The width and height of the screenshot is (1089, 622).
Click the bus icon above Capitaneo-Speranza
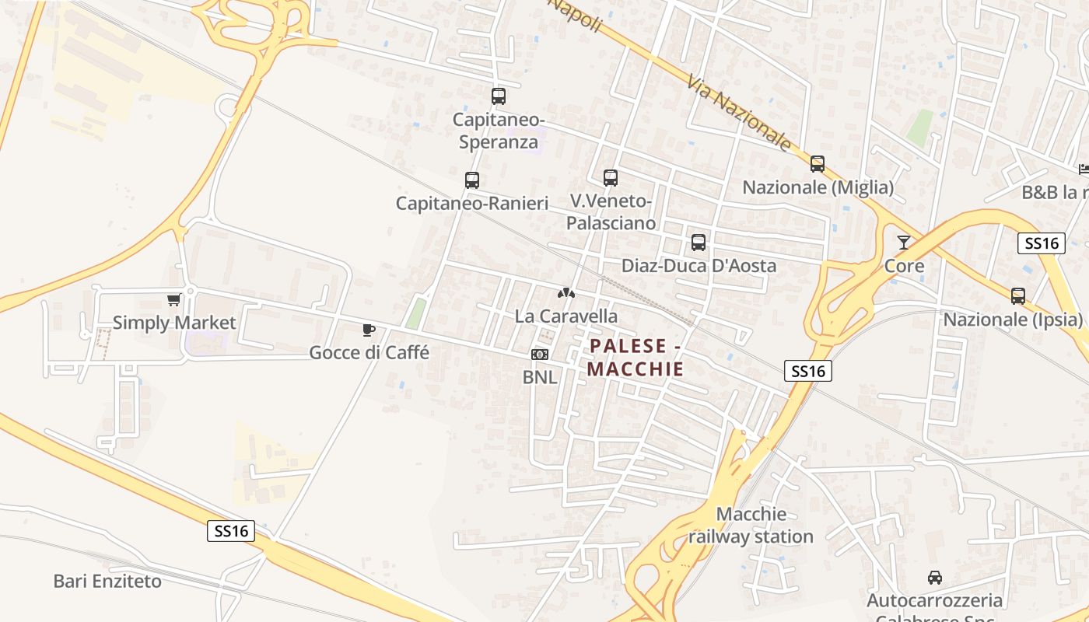499,96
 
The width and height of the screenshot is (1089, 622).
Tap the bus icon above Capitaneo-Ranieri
471,180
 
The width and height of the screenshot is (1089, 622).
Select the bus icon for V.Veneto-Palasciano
611,178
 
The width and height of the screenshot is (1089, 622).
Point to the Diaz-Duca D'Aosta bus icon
699,243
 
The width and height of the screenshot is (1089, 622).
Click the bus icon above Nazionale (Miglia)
817,164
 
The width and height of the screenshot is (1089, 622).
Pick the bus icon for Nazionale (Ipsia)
1017,296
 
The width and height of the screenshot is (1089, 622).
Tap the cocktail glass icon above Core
903,243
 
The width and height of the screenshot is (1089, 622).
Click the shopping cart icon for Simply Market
173,299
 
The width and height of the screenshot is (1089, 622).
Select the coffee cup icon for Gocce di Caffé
369,330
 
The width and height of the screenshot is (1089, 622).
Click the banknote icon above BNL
539,355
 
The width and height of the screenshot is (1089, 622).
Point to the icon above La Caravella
566,294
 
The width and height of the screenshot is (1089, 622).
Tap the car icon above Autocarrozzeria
934,578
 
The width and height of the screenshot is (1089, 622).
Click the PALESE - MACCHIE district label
636,357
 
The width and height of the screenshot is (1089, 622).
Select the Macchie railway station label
751,526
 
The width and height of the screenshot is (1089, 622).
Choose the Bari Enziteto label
107,581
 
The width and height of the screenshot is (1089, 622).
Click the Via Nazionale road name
739,113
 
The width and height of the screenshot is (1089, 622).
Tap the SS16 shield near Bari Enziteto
231,532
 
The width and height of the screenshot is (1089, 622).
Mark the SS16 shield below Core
807,371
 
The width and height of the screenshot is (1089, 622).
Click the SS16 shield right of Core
1042,243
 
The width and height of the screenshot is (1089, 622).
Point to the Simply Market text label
174,322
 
